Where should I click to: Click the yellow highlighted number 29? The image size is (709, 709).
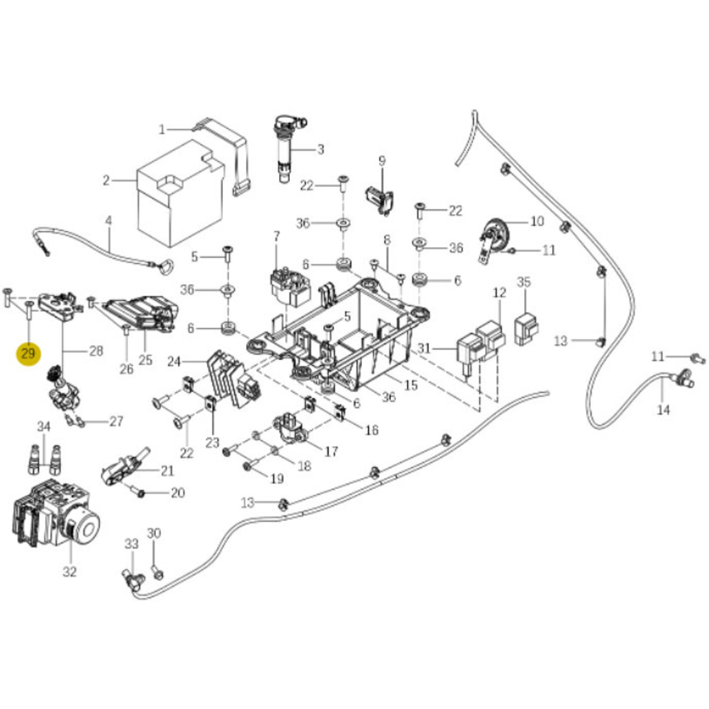coord(28,354)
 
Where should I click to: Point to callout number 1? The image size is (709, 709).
coord(162,129)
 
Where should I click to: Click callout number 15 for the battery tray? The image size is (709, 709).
coord(411,385)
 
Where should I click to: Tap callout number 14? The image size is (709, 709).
coord(663,410)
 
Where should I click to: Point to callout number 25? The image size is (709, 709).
coord(145,360)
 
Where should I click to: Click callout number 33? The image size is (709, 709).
coord(132,544)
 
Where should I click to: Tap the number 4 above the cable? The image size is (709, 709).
coord(109,221)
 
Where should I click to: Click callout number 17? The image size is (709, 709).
coord(331,451)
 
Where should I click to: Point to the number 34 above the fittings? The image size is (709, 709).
coord(44,427)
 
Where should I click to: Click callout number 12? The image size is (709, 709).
coord(499,293)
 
